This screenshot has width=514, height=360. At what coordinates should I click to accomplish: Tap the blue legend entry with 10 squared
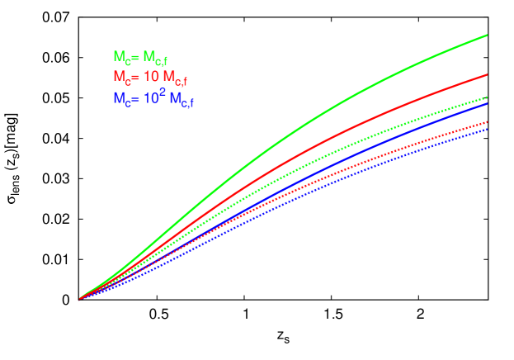point(153,99)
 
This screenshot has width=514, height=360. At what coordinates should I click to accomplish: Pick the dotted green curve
point(330,156)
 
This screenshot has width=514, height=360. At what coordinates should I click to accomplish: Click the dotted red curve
point(330,180)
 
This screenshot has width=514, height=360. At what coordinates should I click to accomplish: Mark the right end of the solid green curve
point(487,35)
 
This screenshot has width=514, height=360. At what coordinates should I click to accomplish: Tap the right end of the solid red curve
point(487,74)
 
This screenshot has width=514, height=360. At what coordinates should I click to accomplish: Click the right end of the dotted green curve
point(487,97)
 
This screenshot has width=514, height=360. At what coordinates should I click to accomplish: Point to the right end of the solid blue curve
point(487,103)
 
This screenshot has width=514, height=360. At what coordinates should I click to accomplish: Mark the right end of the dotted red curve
point(487,122)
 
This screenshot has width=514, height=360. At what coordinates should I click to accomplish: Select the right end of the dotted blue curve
point(487,129)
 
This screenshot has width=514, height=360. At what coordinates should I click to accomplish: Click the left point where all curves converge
point(80,299)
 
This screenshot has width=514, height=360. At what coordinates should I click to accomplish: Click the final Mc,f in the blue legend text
point(182,101)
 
